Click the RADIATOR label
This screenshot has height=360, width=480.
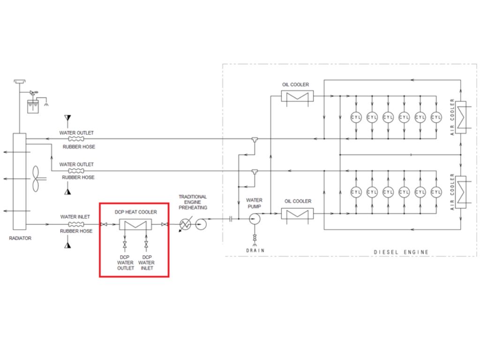(x=20, y=238)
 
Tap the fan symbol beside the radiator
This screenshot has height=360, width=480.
(x=36, y=179)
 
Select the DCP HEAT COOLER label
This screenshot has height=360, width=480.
(x=135, y=212)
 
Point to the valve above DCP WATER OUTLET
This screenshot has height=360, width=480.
(x=125, y=245)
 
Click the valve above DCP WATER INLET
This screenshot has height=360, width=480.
(x=146, y=245)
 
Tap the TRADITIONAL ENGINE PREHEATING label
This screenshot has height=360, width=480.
(x=193, y=202)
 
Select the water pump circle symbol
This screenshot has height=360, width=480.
(x=255, y=219)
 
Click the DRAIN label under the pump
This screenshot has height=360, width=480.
(x=255, y=250)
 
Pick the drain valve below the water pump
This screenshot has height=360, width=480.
(x=255, y=238)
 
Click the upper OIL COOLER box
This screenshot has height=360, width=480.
(x=297, y=96)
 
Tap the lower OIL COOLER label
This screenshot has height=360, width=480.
(x=298, y=201)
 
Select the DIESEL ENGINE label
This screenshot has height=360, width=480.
(x=401, y=252)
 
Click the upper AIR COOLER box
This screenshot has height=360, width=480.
(x=461, y=117)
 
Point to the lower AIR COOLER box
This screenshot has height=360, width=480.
(x=461, y=192)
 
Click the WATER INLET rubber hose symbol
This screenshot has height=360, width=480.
(x=76, y=225)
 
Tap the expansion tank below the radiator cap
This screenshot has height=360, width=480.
(x=33, y=106)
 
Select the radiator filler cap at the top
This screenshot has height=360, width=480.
(x=20, y=82)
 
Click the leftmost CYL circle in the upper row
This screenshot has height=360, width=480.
(x=356, y=117)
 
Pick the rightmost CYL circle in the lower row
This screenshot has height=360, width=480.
(x=436, y=192)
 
